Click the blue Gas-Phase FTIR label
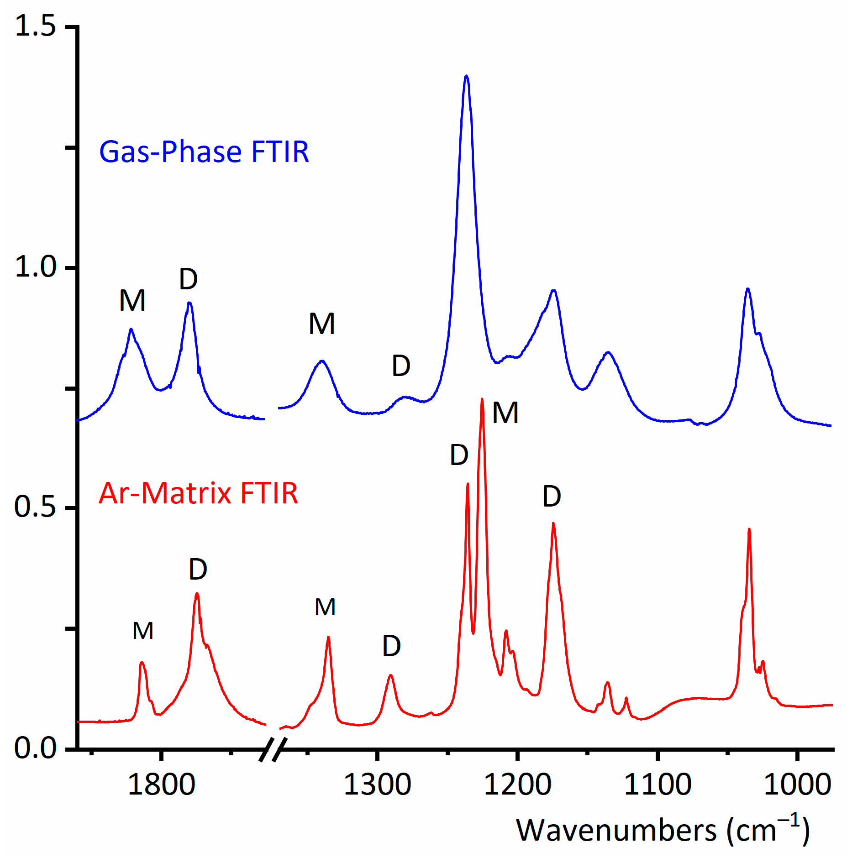click(x=204, y=152)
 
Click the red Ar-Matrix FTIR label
click(x=198, y=494)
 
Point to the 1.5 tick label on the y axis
click(x=35, y=26)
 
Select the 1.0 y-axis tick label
click(x=35, y=267)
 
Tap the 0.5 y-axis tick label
click(x=35, y=507)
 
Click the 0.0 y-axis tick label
click(x=35, y=748)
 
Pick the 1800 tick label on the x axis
click(x=161, y=785)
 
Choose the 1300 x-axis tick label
click(x=377, y=785)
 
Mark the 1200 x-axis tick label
click(x=517, y=785)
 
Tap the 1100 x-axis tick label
click(x=658, y=785)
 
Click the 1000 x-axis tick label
click(x=797, y=785)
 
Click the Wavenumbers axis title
click(x=663, y=831)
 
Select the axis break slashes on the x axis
click(x=273, y=749)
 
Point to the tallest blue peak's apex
click(x=466, y=76)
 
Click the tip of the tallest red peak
click(x=482, y=399)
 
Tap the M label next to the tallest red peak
click(x=505, y=413)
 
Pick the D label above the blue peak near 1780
click(x=188, y=279)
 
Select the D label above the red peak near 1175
click(x=552, y=497)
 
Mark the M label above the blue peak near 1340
click(x=322, y=324)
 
